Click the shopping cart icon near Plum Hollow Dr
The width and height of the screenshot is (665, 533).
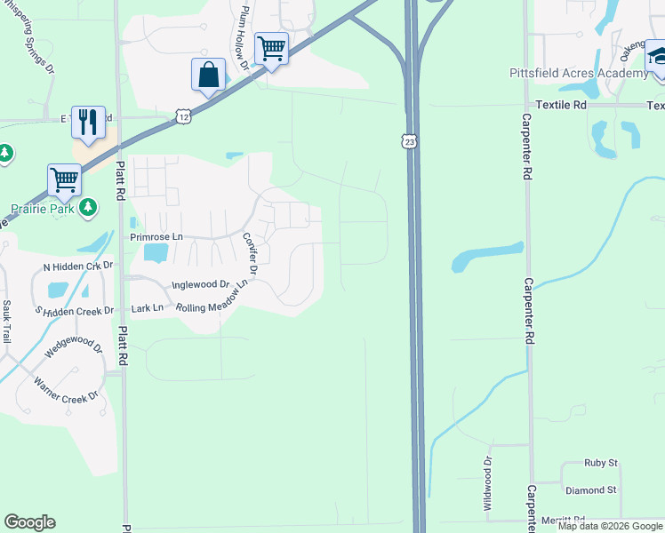click(271, 48)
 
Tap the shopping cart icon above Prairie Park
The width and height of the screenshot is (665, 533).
click(65, 179)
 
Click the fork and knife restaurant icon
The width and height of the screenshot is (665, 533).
click(87, 121)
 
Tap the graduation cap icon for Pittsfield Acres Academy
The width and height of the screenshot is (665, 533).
click(659, 55)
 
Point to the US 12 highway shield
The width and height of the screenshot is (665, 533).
click(182, 116)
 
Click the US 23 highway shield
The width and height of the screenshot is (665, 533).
click(408, 141)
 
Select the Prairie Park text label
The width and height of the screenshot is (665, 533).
click(40, 209)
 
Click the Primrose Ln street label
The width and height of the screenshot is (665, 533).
click(156, 237)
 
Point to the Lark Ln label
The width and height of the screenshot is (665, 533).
click(147, 308)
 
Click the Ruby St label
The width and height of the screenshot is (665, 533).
click(600, 463)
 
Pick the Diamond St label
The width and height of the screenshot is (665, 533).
click(590, 490)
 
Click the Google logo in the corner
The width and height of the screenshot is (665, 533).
click(29, 522)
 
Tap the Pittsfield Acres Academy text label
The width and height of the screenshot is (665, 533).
click(579, 73)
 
